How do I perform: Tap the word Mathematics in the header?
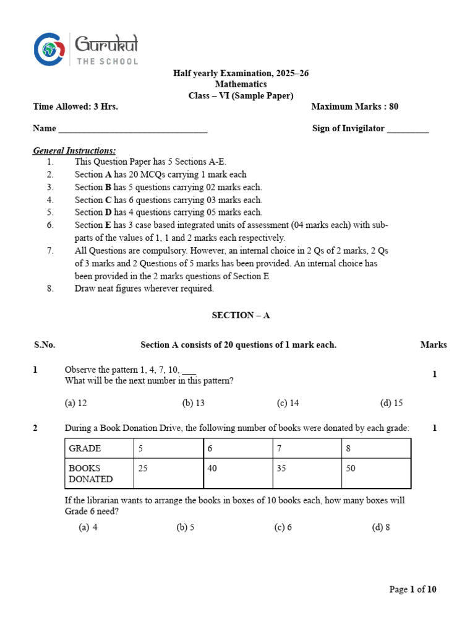[241, 84]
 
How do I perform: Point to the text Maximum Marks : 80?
[354, 106]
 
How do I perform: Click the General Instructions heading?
[74, 151]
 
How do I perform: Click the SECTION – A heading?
[241, 315]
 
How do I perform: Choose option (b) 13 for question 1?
[193, 403]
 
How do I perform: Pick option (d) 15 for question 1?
[391, 403]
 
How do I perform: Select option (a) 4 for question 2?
[88, 528]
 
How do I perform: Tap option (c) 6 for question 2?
[283, 528]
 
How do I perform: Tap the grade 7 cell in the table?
[307, 448]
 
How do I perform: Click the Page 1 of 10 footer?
[413, 589]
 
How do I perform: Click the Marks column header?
[434, 345]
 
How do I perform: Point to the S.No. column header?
[44, 345]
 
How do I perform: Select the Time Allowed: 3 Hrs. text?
[75, 106]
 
